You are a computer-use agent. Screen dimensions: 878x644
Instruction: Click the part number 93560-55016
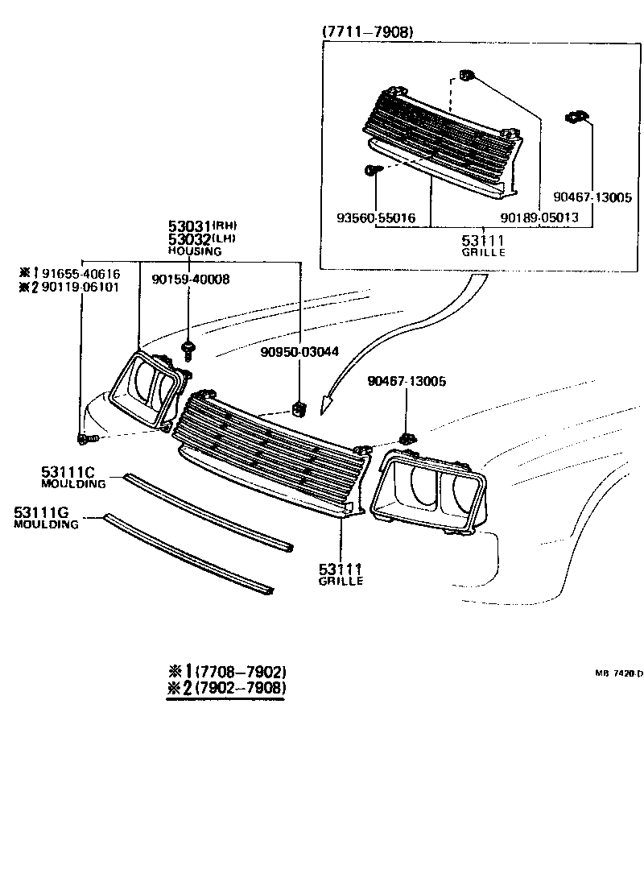click(x=376, y=217)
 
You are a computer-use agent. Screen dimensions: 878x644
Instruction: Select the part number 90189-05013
click(x=539, y=217)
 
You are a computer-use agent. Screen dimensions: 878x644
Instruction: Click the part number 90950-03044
click(x=299, y=351)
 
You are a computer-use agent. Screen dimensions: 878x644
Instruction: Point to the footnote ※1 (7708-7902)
click(x=226, y=672)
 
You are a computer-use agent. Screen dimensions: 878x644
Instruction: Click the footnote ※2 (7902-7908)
click(x=226, y=689)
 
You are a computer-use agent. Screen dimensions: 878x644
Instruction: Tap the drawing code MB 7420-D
click(x=618, y=673)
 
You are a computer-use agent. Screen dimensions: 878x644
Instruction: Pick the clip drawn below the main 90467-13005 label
click(x=407, y=438)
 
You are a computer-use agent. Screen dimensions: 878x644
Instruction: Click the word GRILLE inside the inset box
click(x=483, y=252)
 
